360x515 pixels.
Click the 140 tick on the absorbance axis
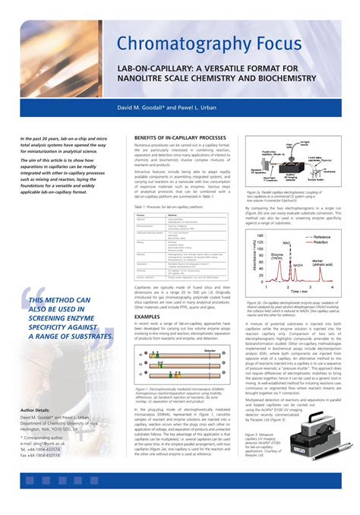pyautogui.click(x=260, y=236)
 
